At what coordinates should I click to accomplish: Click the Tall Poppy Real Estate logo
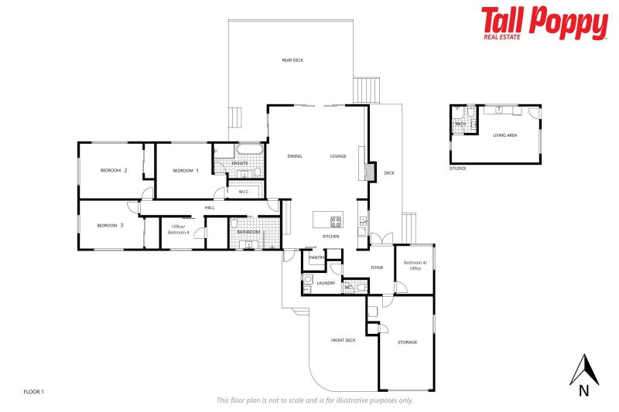coord(544,22)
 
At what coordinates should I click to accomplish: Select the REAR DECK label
coord(292,60)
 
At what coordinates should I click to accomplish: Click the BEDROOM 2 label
coord(114,170)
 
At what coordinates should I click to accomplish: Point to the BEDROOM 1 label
coord(186,170)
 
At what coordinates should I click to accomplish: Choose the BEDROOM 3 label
coord(111,225)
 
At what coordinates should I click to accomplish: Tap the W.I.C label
coord(243,191)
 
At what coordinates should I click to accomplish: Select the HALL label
coord(210,207)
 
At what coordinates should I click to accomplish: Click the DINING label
coord(294,156)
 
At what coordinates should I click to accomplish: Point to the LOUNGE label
coord(338,156)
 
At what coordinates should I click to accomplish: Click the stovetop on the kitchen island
coord(336,222)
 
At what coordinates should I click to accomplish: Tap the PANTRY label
coord(315,257)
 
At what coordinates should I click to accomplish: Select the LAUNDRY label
coord(326,283)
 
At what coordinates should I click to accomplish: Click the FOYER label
coord(377,267)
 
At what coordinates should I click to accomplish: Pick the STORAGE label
coord(407,342)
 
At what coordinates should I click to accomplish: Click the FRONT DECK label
coord(343,340)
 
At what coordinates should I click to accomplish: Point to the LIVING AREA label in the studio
coord(504,135)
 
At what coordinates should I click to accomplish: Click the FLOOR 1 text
coord(34,392)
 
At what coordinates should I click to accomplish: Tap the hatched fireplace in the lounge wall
coord(371,172)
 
